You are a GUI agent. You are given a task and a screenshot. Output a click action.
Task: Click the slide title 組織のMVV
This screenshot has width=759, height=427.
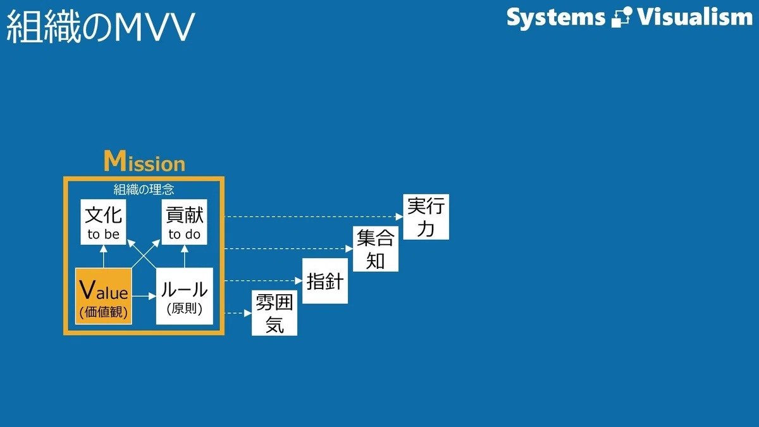pyautogui.click(x=101, y=27)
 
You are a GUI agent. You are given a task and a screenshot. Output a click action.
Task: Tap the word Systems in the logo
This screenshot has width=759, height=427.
pyautogui.click(x=556, y=18)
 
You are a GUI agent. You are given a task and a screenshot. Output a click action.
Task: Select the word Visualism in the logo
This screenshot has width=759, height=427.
pyautogui.click(x=694, y=16)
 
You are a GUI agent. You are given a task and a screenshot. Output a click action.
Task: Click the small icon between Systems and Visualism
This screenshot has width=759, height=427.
pyautogui.click(x=621, y=17)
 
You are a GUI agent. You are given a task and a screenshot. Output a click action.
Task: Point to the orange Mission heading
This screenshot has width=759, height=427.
pyautogui.click(x=145, y=161)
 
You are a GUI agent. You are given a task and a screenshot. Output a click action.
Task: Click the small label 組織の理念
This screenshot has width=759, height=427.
pyautogui.click(x=144, y=189)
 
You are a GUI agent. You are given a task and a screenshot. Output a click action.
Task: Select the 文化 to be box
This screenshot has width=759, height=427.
pyautogui.click(x=103, y=222)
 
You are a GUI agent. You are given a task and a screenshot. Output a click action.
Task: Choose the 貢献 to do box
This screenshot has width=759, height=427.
pyautogui.click(x=184, y=222)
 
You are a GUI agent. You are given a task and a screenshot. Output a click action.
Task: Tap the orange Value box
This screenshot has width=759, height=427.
pyautogui.click(x=103, y=296)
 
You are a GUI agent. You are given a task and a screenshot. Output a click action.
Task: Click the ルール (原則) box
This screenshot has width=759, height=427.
pyautogui.click(x=185, y=296)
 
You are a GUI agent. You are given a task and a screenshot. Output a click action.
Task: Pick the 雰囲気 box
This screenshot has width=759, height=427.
pyautogui.click(x=275, y=313)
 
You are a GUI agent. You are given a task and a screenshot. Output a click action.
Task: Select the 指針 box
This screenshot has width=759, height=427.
pyautogui.click(x=325, y=281)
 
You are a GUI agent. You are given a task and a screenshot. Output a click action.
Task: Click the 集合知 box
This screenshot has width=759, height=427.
pyautogui.click(x=376, y=249)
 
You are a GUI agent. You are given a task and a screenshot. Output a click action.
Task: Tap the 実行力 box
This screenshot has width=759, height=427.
pyautogui.click(x=426, y=217)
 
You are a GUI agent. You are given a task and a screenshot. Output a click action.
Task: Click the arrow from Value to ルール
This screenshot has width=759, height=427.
pyautogui.click(x=144, y=296)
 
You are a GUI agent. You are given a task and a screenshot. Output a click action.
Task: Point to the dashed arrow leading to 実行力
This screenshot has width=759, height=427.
pyautogui.click(x=314, y=216)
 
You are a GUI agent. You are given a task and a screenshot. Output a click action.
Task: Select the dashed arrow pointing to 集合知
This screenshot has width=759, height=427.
pyautogui.click(x=288, y=249)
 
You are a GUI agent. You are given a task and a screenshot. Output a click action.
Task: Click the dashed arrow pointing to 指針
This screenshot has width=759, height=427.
pyautogui.click(x=263, y=281)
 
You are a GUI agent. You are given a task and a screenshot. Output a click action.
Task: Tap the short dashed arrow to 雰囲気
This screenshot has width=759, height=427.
pyautogui.click(x=238, y=313)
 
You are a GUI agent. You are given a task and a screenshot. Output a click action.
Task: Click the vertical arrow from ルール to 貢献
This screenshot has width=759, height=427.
pyautogui.click(x=184, y=256)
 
